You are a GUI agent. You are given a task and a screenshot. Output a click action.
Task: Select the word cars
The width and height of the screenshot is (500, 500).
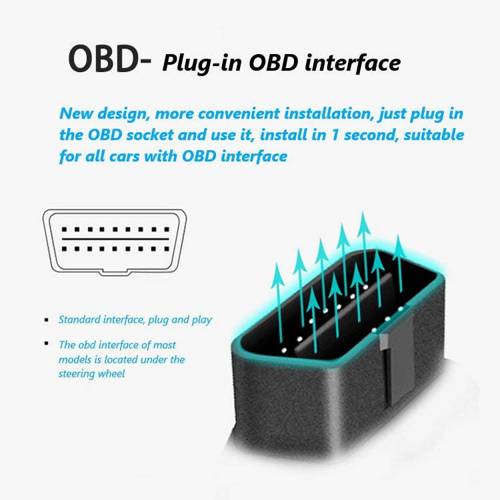127,157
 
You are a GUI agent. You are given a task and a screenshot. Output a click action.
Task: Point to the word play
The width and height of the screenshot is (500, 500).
201,321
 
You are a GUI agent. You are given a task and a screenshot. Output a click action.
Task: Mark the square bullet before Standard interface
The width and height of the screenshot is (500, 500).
46,320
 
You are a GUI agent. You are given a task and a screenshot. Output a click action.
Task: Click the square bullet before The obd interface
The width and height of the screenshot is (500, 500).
46,343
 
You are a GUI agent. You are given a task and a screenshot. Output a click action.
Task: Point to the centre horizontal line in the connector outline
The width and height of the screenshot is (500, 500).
113,239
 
